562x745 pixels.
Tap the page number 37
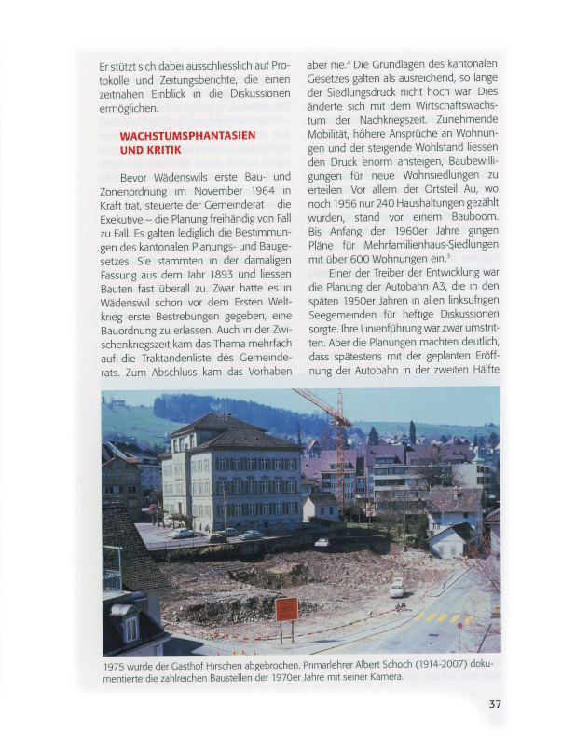coord(495,704)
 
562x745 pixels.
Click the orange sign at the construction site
coord(286,609)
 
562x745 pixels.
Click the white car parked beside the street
coord(397,588)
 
